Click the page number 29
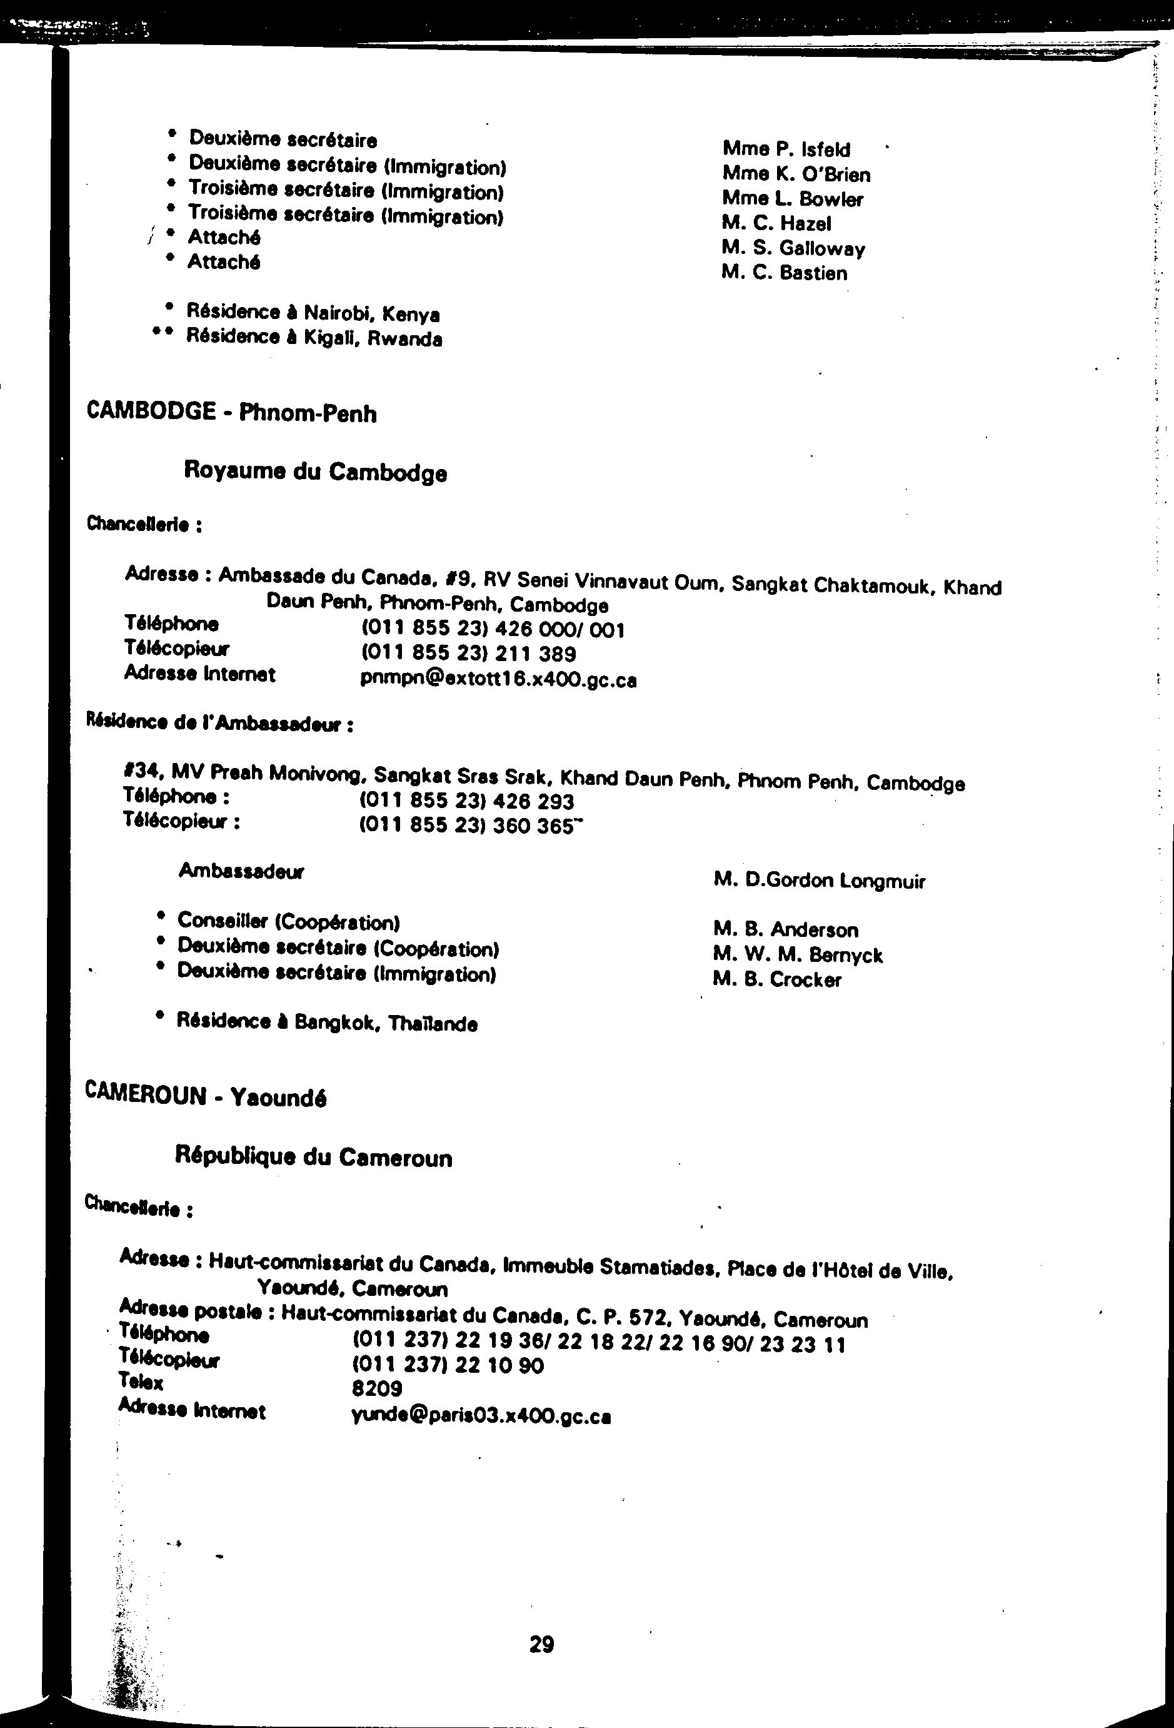pyautogui.click(x=541, y=1644)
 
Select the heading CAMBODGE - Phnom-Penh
pyautogui.click(x=232, y=413)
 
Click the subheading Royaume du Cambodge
pyautogui.click(x=315, y=472)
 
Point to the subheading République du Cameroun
pyautogui.click(x=313, y=1157)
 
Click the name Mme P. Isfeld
pyautogui.click(x=786, y=149)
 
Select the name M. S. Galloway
pyautogui.click(x=793, y=248)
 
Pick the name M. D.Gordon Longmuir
pyautogui.click(x=819, y=881)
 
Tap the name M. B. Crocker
pyautogui.click(x=776, y=979)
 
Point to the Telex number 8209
pyautogui.click(x=377, y=1388)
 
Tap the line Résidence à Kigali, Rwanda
pyautogui.click(x=314, y=338)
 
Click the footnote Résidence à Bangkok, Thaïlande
pyautogui.click(x=326, y=1023)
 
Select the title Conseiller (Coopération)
pyautogui.click(x=288, y=922)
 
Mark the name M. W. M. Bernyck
pyautogui.click(x=797, y=955)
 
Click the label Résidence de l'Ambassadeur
pyautogui.click(x=220, y=723)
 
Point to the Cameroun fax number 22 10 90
pyautogui.click(x=448, y=1365)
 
